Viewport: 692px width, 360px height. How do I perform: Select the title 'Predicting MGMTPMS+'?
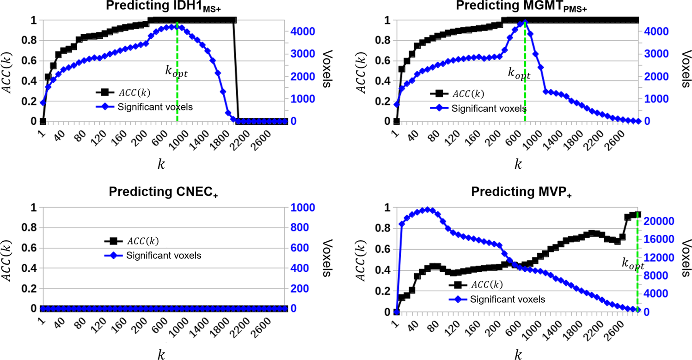pyautogui.click(x=518, y=8)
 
